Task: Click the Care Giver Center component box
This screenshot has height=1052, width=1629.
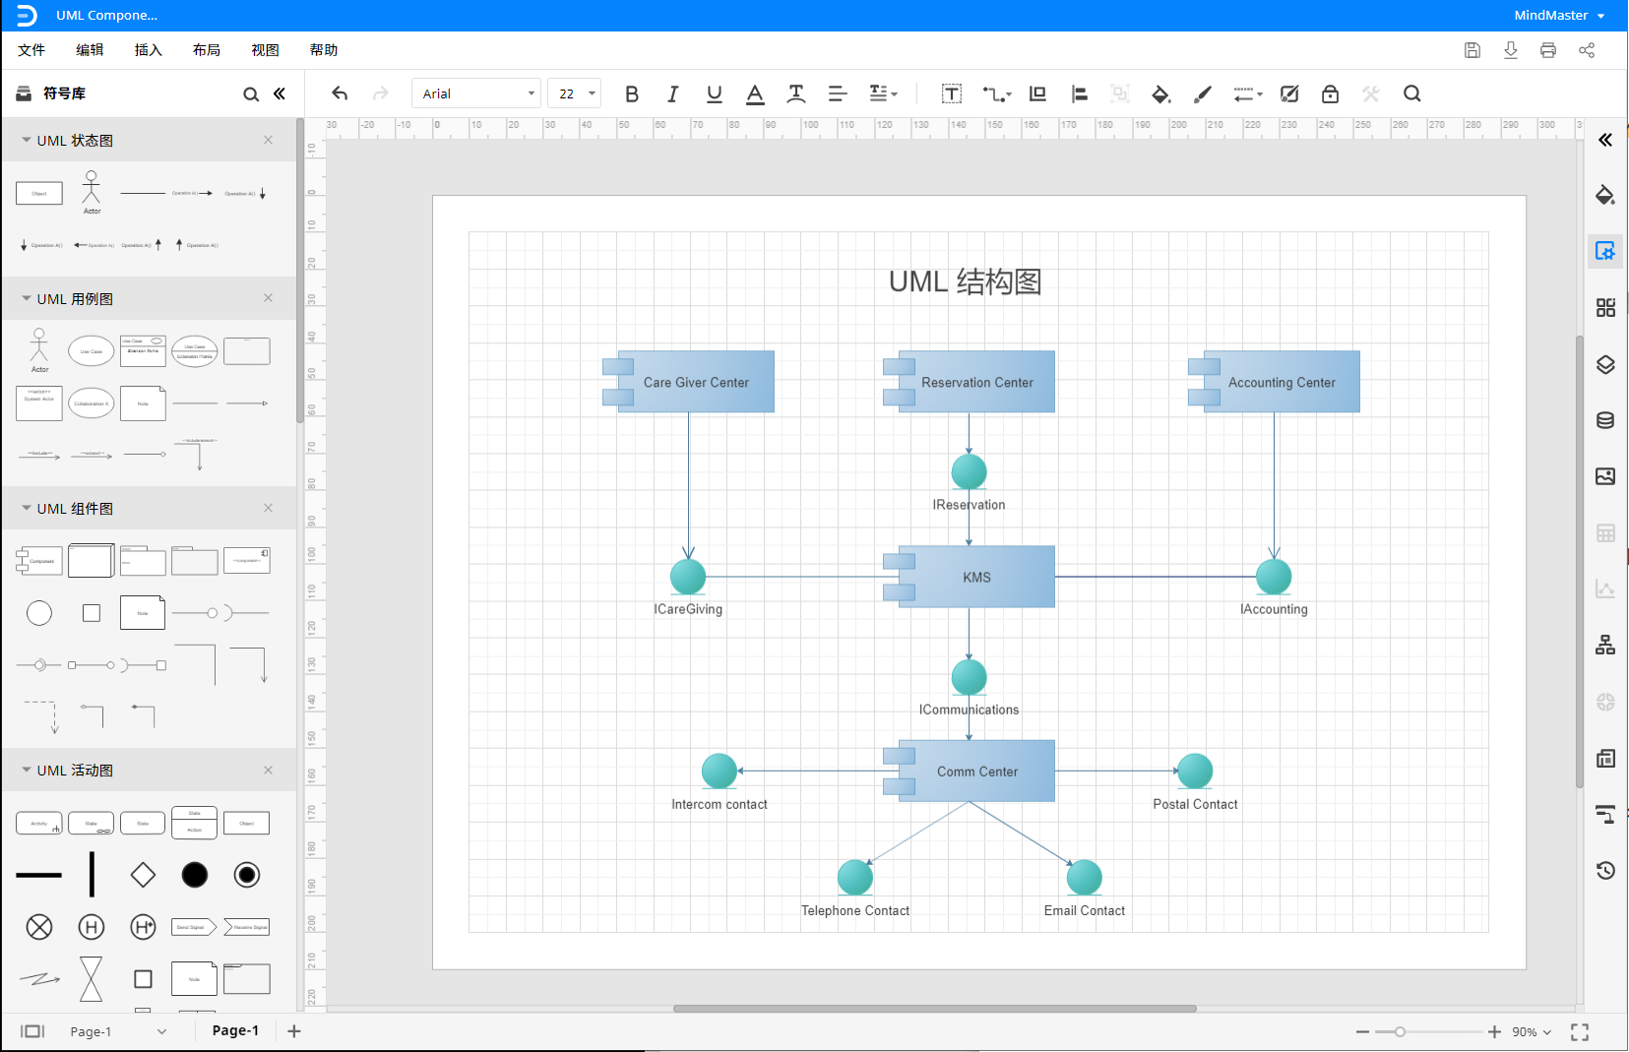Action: pos(695,382)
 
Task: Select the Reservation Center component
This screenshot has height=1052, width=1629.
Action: pos(976,382)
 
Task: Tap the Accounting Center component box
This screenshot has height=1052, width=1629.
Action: pos(1281,382)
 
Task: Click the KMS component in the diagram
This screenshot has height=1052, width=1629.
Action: pos(976,577)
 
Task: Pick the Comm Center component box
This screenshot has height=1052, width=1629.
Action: pos(976,772)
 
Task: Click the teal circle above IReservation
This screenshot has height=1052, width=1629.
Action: pos(969,471)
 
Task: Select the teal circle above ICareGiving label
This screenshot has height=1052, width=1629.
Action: pos(688,577)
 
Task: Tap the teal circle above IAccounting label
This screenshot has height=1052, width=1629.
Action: pos(1274,577)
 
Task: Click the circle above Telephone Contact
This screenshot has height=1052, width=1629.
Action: pos(855,877)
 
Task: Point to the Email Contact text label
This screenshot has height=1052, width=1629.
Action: pos(1084,911)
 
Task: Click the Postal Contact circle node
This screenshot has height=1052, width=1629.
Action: pos(1195,771)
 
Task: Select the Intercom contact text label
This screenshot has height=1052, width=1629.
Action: pos(719,805)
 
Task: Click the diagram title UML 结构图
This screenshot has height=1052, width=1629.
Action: pos(965,282)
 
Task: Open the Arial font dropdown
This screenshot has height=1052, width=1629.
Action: pos(476,93)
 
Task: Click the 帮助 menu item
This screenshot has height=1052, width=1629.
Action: pos(323,50)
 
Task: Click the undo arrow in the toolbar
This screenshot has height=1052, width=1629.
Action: pos(340,93)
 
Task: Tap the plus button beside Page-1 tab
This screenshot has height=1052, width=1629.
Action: pos(294,1030)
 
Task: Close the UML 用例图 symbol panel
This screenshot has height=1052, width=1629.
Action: pos(268,298)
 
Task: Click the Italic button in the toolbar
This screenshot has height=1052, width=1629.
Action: pos(672,93)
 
